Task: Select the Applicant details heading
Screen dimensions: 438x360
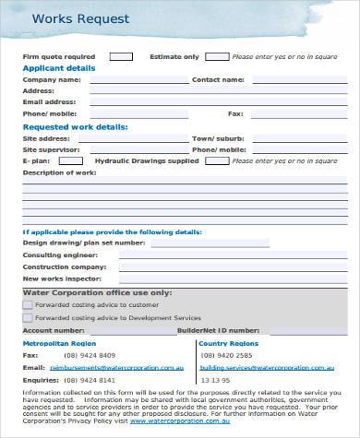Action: pyautogui.click(x=57, y=67)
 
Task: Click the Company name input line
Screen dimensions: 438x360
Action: pyautogui.click(x=138, y=81)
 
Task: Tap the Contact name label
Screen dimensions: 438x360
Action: pyautogui.click(x=217, y=79)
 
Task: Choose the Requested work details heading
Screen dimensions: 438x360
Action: pyautogui.click(x=75, y=126)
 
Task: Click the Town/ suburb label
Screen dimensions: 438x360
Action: pyautogui.click(x=217, y=137)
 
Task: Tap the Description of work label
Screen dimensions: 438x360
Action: pyautogui.click(x=59, y=172)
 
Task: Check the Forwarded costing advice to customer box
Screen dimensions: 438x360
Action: pyautogui.click(x=28, y=303)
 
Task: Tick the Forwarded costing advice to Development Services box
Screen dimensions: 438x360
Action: pyautogui.click(x=28, y=315)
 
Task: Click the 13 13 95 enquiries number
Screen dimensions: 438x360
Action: pyautogui.click(x=215, y=378)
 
